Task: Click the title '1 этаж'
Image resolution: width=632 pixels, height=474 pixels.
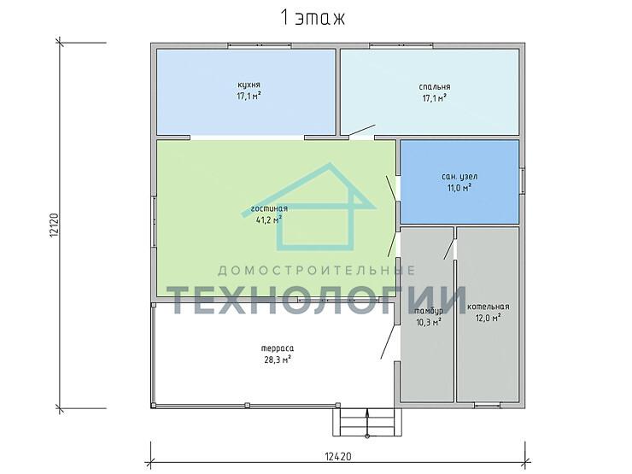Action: pyautogui.click(x=313, y=18)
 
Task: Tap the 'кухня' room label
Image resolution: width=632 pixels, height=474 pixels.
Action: pyautogui.click(x=249, y=85)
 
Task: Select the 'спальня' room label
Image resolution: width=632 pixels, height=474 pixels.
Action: pyautogui.click(x=434, y=87)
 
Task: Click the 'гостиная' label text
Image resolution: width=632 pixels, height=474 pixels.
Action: pyautogui.click(x=269, y=208)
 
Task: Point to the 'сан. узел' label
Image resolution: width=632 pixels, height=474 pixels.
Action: pyautogui.click(x=459, y=177)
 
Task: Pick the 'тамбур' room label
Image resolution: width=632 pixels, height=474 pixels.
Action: pyautogui.click(x=429, y=311)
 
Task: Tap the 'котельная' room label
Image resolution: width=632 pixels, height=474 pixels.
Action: pyautogui.click(x=489, y=307)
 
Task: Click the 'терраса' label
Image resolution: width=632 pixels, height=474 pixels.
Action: pyautogui.click(x=278, y=348)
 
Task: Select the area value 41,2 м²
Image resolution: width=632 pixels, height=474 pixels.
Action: pyautogui.click(x=269, y=219)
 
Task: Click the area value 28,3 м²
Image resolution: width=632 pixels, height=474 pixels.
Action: pyautogui.click(x=278, y=360)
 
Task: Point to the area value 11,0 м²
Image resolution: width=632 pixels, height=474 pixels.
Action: pyautogui.click(x=459, y=188)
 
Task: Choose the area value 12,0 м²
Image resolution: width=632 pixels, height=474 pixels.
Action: pyautogui.click(x=489, y=318)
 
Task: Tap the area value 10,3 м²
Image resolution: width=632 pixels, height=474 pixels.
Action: pyautogui.click(x=429, y=322)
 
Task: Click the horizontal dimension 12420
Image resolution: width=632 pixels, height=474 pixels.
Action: pyautogui.click(x=337, y=457)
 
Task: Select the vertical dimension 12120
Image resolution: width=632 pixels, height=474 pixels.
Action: pyautogui.click(x=55, y=225)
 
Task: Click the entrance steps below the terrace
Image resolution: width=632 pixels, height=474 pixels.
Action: pyautogui.click(x=366, y=422)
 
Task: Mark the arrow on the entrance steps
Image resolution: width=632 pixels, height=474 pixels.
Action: pyautogui.click(x=367, y=424)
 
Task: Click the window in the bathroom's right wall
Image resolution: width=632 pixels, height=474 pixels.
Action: pyautogui.click(x=523, y=180)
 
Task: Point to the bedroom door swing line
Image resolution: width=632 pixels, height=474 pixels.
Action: pyautogui.click(x=362, y=130)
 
